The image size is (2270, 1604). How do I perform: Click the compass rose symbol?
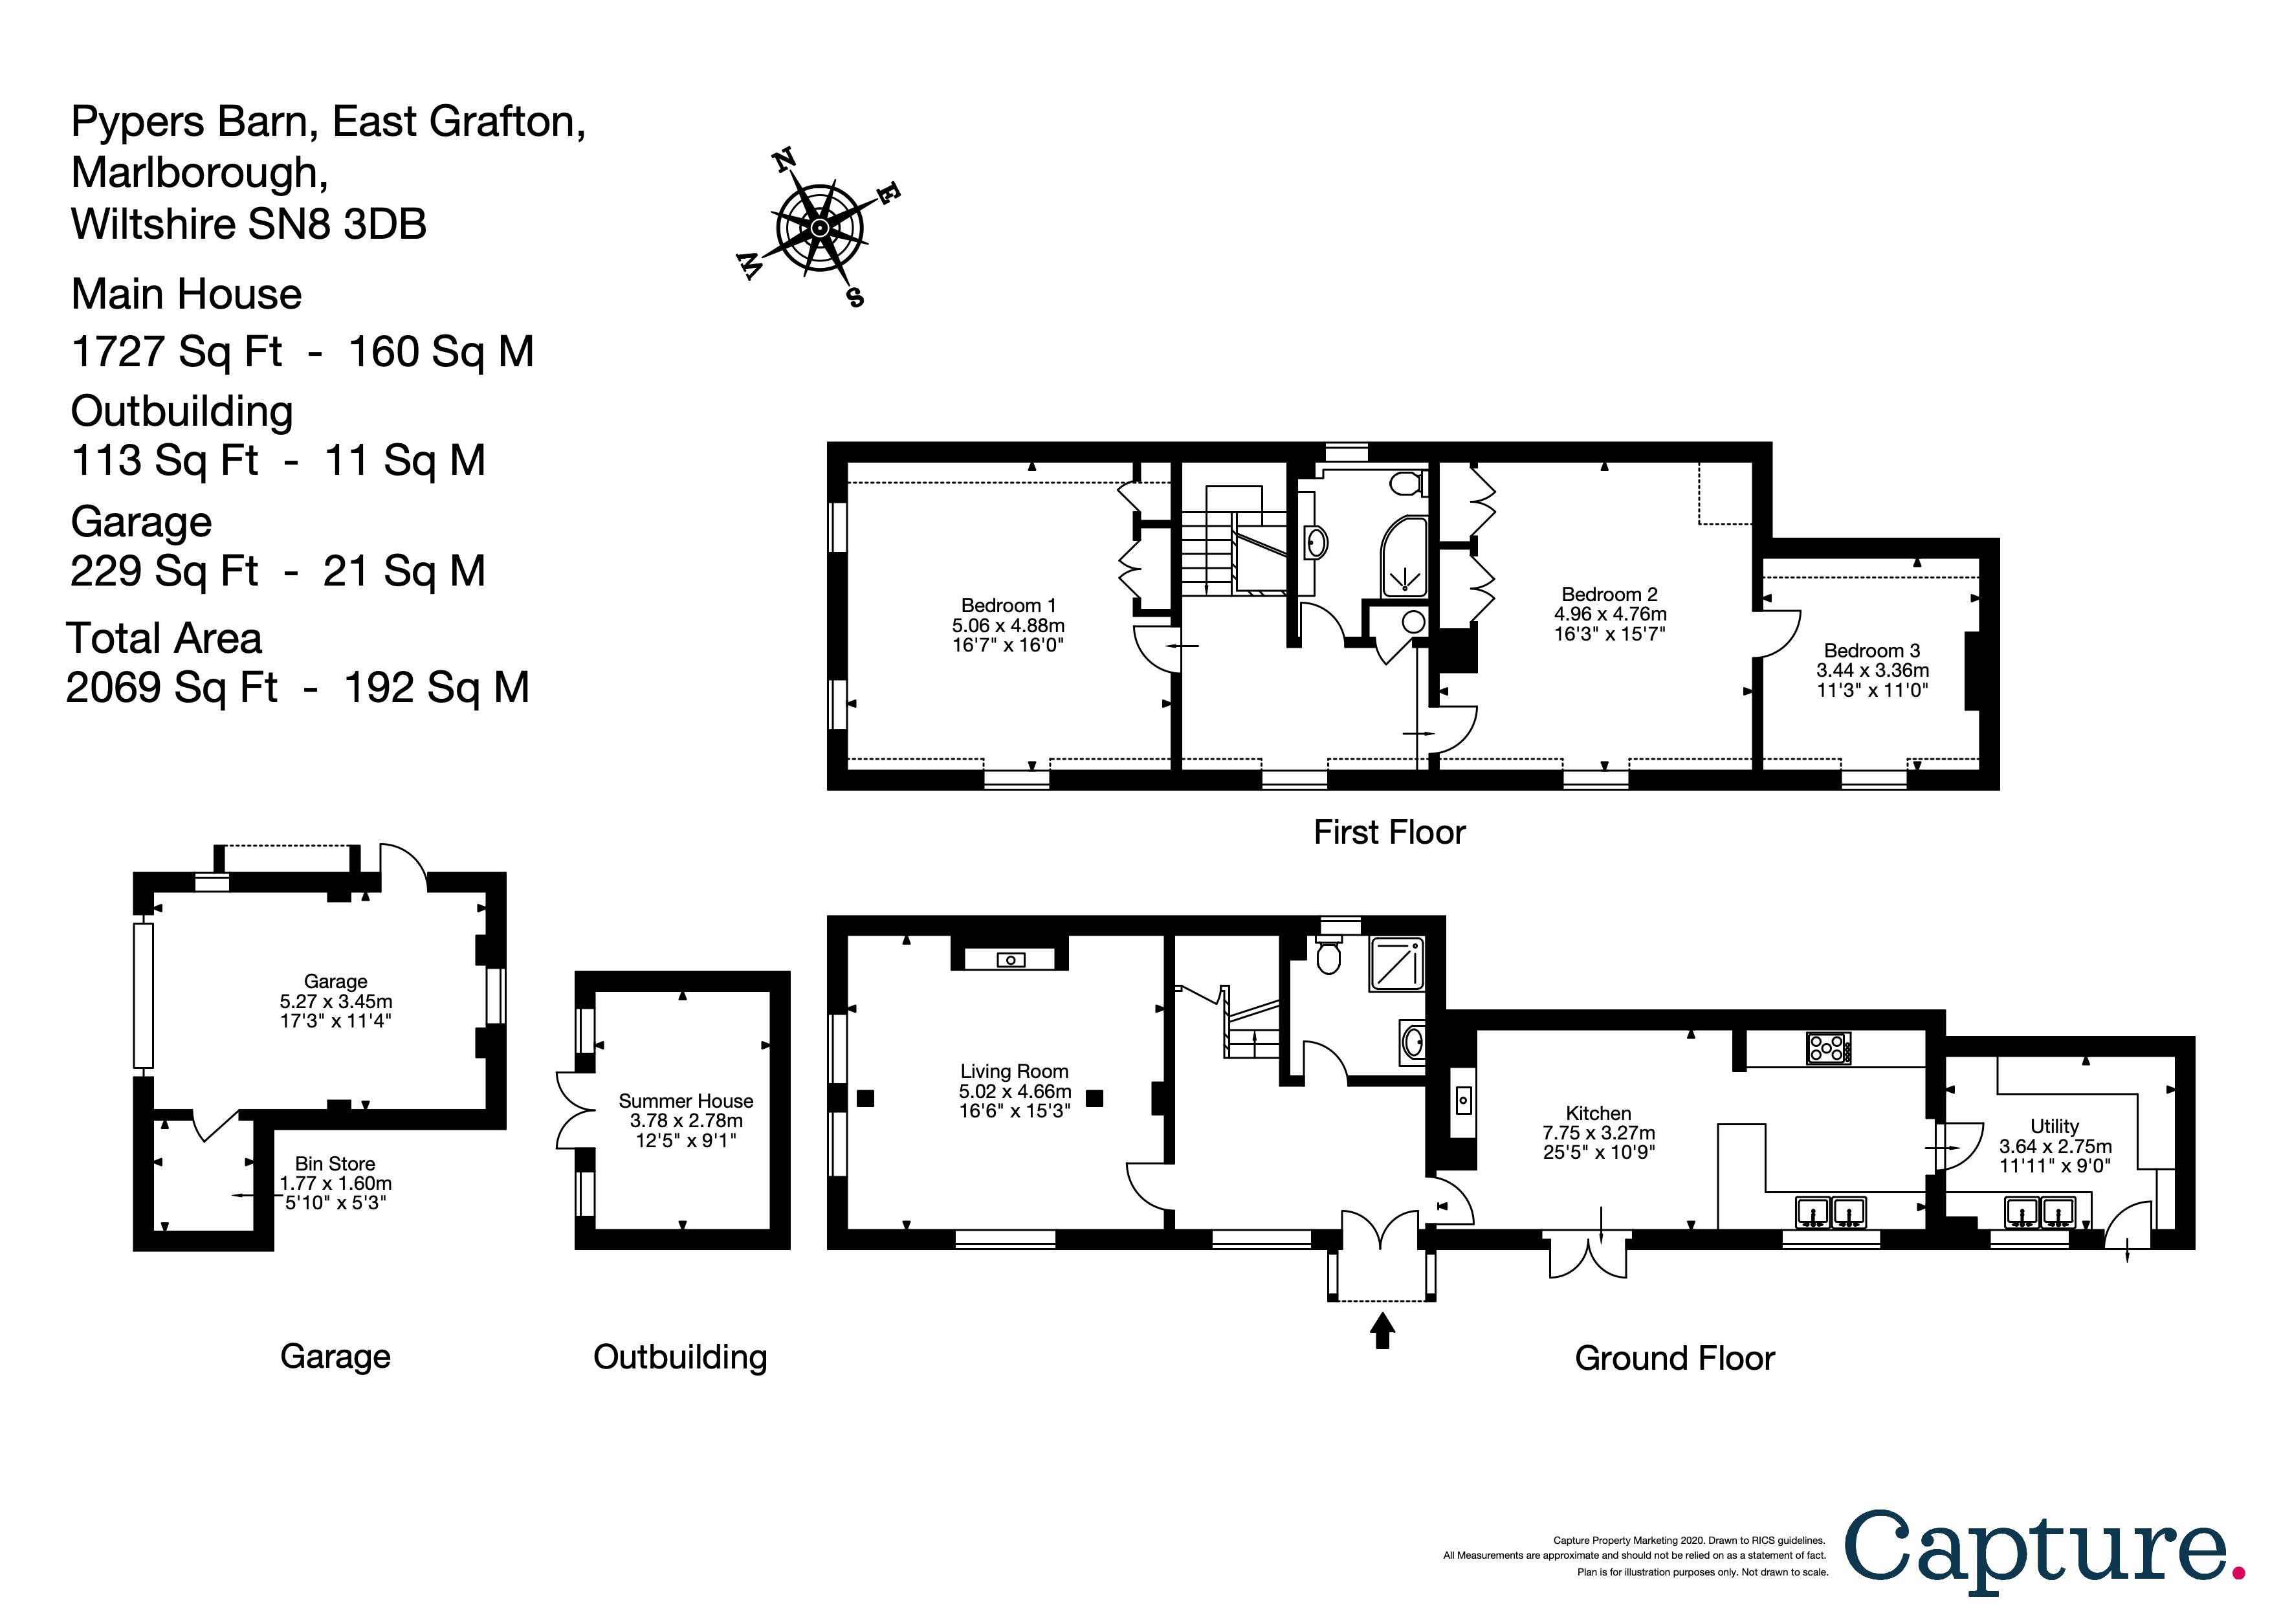pyautogui.click(x=820, y=229)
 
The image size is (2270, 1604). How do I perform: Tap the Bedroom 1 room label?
pyautogui.click(x=1008, y=606)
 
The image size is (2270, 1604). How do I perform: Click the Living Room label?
pyautogui.click(x=1015, y=1071)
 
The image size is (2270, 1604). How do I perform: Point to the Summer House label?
pyautogui.click(x=685, y=1101)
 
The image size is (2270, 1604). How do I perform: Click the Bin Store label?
pyautogui.click(x=335, y=1164)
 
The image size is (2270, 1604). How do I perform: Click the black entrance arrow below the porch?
pyautogui.click(x=1382, y=1329)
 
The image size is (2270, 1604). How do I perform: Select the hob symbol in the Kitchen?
pyautogui.click(x=1828, y=1048)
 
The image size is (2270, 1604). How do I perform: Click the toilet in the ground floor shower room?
pyautogui.click(x=1328, y=957)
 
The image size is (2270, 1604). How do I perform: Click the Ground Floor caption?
pyautogui.click(x=1674, y=1359)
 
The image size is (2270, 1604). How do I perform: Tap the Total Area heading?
pyautogui.click(x=164, y=639)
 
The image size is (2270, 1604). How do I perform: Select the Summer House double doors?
pyautogui.click(x=571, y=1111)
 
